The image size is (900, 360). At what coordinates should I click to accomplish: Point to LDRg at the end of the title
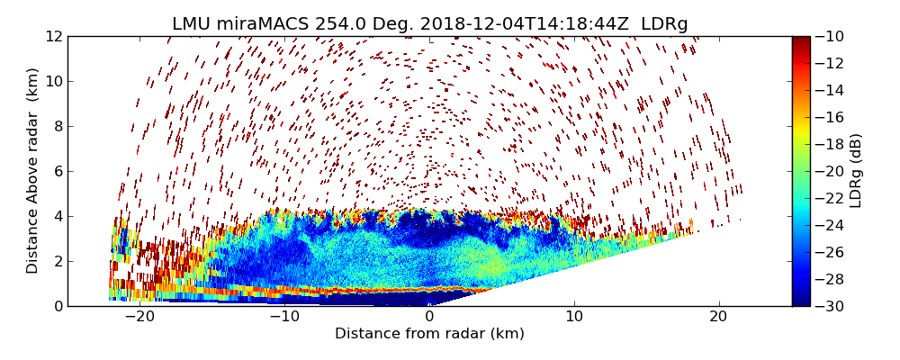coord(664,23)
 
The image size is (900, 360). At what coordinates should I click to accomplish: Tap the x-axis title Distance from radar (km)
coord(429,334)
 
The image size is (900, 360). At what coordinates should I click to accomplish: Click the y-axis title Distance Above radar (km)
coord(33,171)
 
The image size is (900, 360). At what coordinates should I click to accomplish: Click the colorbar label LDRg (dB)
coord(856,171)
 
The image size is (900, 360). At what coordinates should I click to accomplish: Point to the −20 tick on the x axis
coord(139,317)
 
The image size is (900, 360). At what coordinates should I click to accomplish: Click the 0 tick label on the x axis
coord(429,317)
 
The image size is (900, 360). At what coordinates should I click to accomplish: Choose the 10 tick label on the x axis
coord(574,317)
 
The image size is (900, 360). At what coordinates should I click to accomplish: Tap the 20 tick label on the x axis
coord(718,317)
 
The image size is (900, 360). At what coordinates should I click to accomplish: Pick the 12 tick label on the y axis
coord(54,36)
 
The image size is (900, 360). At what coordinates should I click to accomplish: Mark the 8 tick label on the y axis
coord(58,126)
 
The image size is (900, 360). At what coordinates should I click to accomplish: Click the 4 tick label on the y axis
coord(58,216)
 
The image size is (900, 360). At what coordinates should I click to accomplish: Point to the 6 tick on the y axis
coord(58,171)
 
